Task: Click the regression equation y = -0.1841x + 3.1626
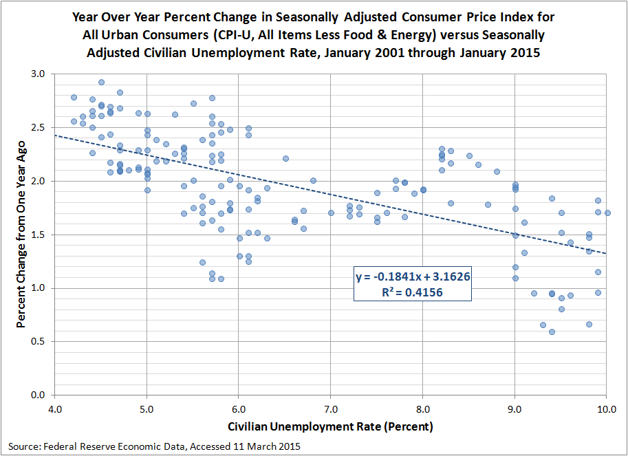coord(412,276)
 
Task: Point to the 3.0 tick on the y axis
coord(37,74)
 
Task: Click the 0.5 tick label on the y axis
coord(37,342)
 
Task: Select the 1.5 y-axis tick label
coord(37,235)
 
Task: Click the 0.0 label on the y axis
coord(37,395)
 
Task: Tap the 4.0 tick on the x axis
coord(54,411)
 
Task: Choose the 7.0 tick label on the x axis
coord(330,411)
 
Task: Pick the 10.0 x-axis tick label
coord(605,411)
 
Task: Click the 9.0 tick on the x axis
coord(515,411)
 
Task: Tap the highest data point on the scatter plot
coord(101,82)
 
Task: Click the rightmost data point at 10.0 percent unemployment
coord(607,213)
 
